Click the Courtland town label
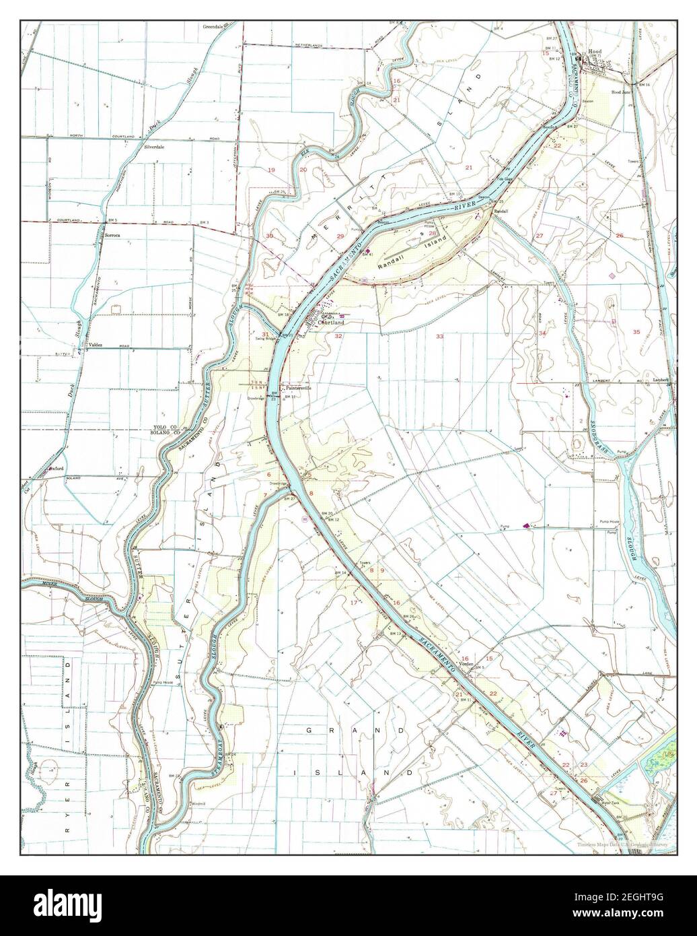(x=331, y=322)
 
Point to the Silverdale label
(x=154, y=146)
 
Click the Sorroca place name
(x=112, y=235)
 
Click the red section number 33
(x=439, y=336)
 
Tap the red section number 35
(x=636, y=331)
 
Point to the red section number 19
(x=272, y=170)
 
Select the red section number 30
(x=269, y=236)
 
